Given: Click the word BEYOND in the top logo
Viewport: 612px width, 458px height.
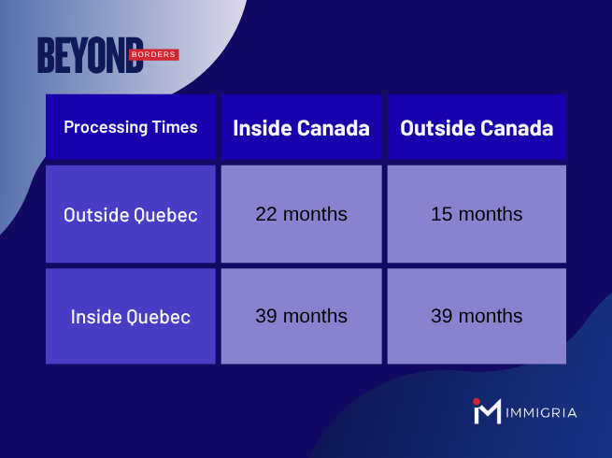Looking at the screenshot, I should (x=90, y=55).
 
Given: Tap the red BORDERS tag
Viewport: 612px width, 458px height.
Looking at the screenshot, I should (x=151, y=55).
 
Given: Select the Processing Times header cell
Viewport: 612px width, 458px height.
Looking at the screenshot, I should (x=130, y=127).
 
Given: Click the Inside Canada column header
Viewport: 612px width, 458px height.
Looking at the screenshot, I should (x=301, y=127).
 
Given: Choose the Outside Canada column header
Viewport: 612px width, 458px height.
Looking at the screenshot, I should (x=477, y=127).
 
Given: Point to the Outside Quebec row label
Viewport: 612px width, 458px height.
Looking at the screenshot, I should (x=130, y=214).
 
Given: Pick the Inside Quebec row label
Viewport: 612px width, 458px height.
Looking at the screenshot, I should (x=130, y=316).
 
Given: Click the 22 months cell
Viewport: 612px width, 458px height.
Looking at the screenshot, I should (x=301, y=214).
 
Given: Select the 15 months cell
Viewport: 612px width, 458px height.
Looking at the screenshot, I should (x=477, y=214).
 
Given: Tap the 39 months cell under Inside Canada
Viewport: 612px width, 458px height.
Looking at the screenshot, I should (x=301, y=316).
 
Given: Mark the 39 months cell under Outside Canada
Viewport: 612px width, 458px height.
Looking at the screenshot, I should (x=477, y=316).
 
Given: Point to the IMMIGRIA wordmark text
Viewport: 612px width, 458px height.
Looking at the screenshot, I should (x=543, y=412).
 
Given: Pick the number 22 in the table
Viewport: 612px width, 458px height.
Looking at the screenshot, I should (x=266, y=214).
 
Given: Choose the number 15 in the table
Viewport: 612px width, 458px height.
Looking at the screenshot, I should (x=442, y=214).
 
